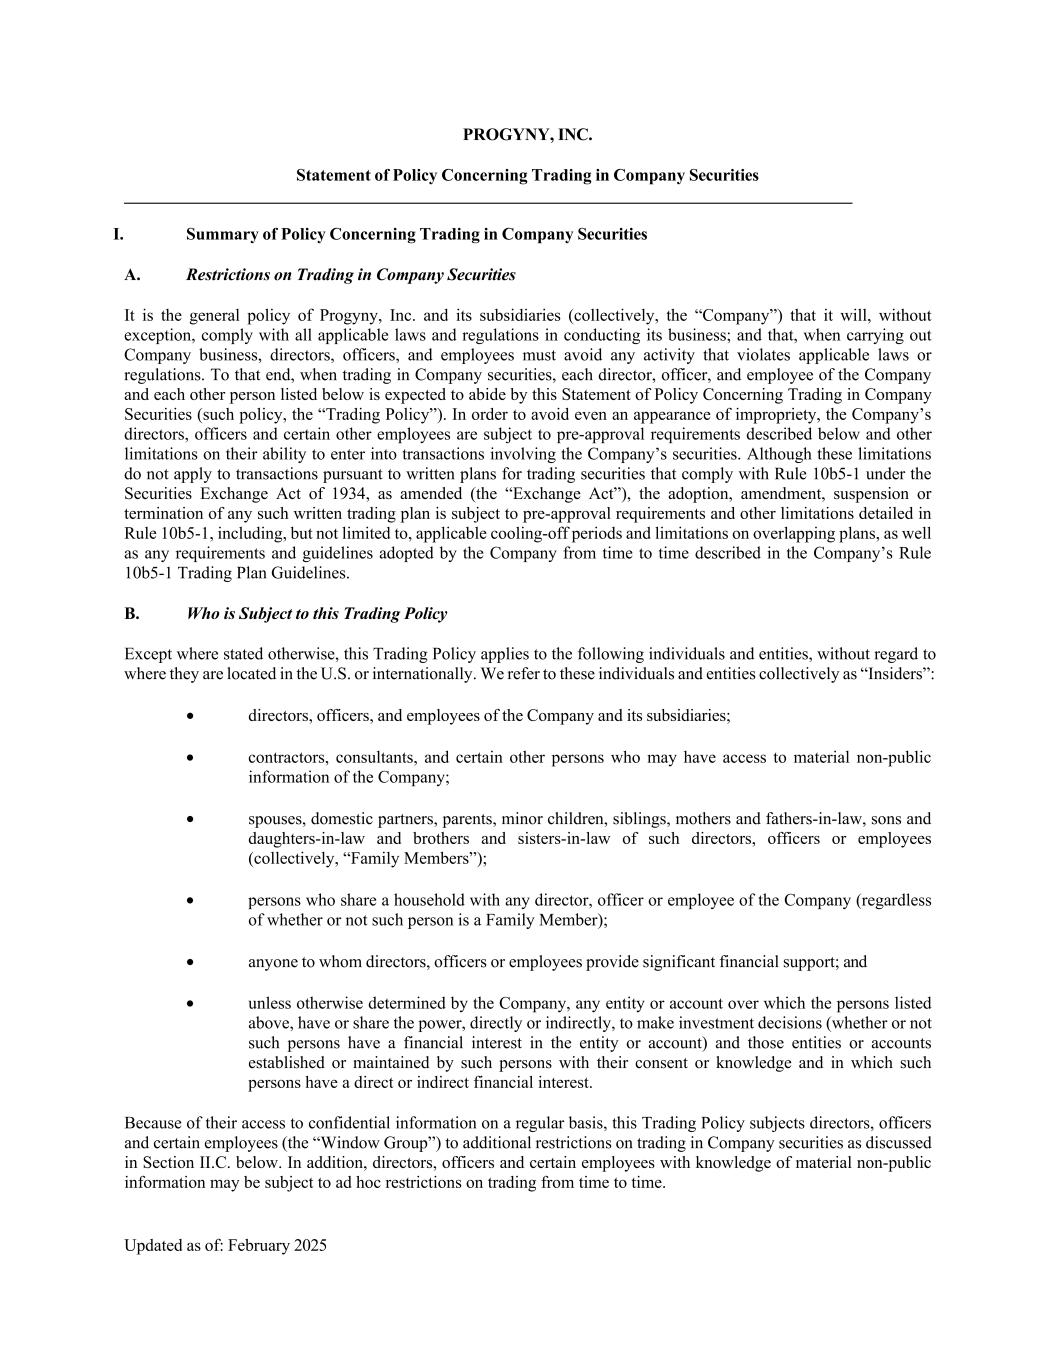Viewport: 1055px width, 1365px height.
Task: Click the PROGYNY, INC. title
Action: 527,135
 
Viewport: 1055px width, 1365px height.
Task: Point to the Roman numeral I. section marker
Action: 118,234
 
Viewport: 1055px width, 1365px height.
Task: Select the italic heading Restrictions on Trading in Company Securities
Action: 350,275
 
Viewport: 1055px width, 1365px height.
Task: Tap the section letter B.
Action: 132,614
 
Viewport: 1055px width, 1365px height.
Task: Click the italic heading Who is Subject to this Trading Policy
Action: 316,614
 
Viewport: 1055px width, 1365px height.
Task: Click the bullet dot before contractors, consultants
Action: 190,757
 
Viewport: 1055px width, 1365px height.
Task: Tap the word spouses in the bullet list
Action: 275,819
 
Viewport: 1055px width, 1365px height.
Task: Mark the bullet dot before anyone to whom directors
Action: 190,962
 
